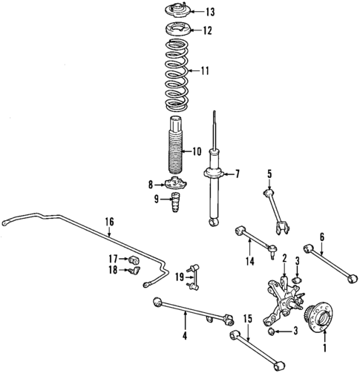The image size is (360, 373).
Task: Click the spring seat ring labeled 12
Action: pyautogui.click(x=176, y=31)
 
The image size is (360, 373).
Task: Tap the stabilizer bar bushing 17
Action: pyautogui.click(x=134, y=260)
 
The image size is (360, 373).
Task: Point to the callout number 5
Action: pyautogui.click(x=269, y=174)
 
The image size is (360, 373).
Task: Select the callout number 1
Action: pyautogui.click(x=324, y=346)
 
